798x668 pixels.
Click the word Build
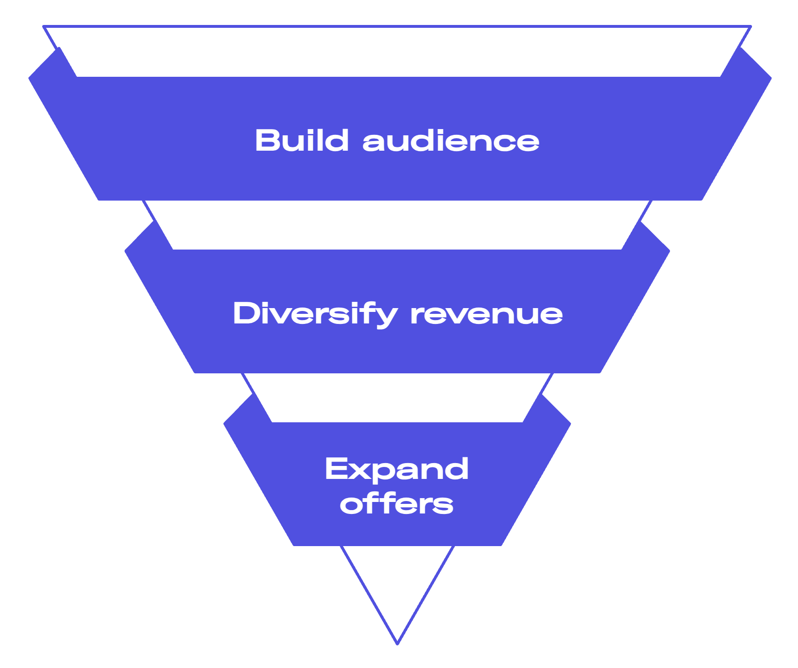point(301,141)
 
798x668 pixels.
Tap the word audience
point(451,142)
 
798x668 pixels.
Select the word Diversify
point(315,314)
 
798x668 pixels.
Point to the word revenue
point(486,315)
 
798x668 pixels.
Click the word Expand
point(396,469)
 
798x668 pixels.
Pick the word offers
point(396,504)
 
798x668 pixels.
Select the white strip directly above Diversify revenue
point(397,225)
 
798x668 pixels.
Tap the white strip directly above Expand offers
point(397,397)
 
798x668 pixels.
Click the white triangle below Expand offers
point(397,581)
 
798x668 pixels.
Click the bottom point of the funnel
point(397,642)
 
